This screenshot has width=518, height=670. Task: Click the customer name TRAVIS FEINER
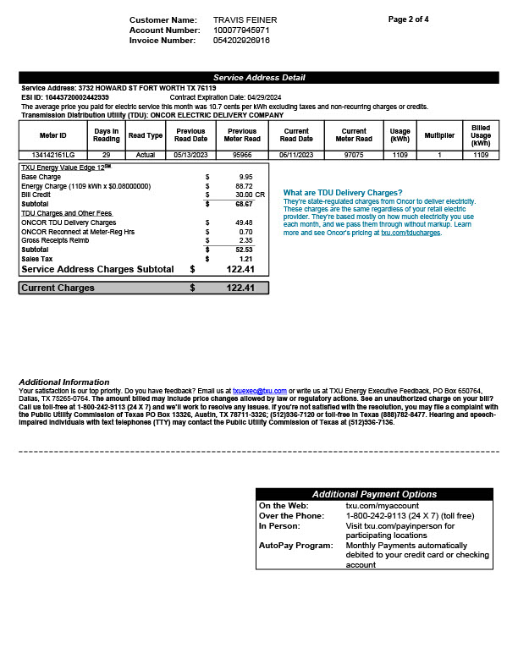245,19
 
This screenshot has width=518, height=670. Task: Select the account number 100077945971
241,30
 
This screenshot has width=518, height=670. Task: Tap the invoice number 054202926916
241,40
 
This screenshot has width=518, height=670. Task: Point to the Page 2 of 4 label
409,19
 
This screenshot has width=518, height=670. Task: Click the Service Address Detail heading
259,78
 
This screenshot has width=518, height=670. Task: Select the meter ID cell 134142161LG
52,155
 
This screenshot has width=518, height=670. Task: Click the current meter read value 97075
353,155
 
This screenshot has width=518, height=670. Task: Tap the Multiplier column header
439,135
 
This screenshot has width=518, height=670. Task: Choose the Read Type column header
145,135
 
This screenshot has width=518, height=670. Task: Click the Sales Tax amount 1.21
245,259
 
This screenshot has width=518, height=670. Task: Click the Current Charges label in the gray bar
58,288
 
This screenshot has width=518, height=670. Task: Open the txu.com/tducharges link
411,232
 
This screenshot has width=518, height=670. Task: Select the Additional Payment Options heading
374,494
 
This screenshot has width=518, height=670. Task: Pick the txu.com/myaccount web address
383,505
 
